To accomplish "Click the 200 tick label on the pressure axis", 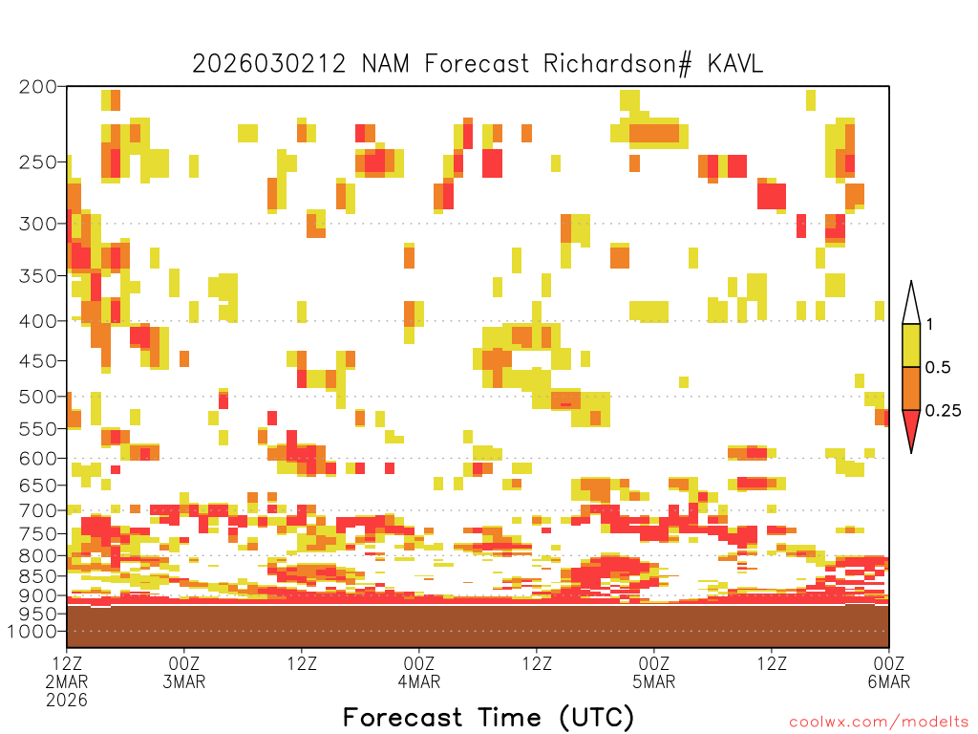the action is [x=37, y=87].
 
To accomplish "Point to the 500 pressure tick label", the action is [x=37, y=397].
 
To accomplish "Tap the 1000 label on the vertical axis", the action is [x=32, y=631].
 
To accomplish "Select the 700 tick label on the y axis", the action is [x=37, y=510].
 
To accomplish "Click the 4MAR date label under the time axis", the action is [x=419, y=681].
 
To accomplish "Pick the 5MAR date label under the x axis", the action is [x=653, y=681].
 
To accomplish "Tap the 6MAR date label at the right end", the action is [x=889, y=681].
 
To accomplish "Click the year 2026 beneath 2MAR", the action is [x=67, y=701].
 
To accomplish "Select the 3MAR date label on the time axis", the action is [x=184, y=681].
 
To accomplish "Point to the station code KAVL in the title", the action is [x=734, y=64].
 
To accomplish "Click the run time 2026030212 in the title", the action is [x=268, y=64].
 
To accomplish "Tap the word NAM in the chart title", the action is [x=386, y=64].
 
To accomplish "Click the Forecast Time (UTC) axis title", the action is [x=488, y=717].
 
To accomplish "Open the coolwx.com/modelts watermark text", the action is [x=880, y=723].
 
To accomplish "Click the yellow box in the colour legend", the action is [x=911, y=345].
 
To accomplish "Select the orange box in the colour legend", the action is [x=911, y=388].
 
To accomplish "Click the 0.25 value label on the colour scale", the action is [x=943, y=411].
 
